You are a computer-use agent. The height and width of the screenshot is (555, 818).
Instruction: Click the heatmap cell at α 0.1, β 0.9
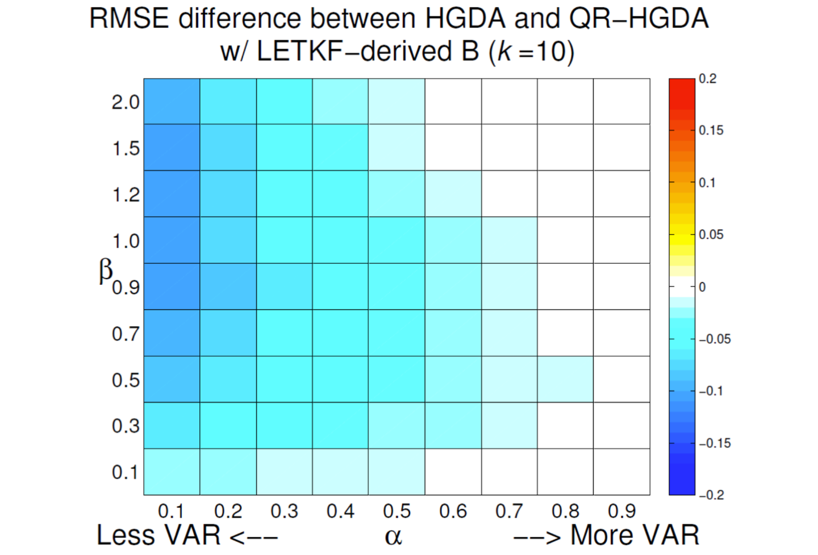point(172,287)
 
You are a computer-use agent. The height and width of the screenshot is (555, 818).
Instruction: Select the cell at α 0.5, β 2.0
point(397,102)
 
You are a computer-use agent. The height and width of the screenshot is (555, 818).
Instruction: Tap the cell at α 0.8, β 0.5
point(565,379)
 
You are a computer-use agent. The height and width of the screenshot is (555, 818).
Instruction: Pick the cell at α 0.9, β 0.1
point(621,472)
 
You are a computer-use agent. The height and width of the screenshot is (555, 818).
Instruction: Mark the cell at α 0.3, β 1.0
point(284,240)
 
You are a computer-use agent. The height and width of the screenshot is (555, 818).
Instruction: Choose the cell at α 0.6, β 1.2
point(453,194)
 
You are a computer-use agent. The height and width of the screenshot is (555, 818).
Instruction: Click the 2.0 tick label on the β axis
point(125,103)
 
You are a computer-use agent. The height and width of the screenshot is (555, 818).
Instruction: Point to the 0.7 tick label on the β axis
point(125,334)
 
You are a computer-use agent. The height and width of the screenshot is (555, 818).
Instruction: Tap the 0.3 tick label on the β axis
point(125,426)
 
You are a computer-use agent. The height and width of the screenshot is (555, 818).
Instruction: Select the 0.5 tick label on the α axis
point(397,511)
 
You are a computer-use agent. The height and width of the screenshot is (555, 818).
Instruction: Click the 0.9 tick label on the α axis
point(621,511)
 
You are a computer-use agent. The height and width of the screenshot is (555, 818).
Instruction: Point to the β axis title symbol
point(106,271)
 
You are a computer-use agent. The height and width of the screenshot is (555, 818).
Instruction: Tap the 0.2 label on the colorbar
point(708,79)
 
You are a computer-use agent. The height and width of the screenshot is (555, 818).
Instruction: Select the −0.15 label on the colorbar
point(714,443)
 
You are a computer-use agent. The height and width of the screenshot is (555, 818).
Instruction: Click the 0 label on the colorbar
point(702,287)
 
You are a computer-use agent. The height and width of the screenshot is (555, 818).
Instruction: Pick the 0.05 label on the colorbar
point(711,235)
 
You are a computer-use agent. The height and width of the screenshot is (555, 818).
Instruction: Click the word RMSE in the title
point(129,19)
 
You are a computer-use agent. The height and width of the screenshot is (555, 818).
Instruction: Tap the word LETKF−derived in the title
point(353,52)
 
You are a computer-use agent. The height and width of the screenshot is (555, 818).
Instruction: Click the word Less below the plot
point(126,535)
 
